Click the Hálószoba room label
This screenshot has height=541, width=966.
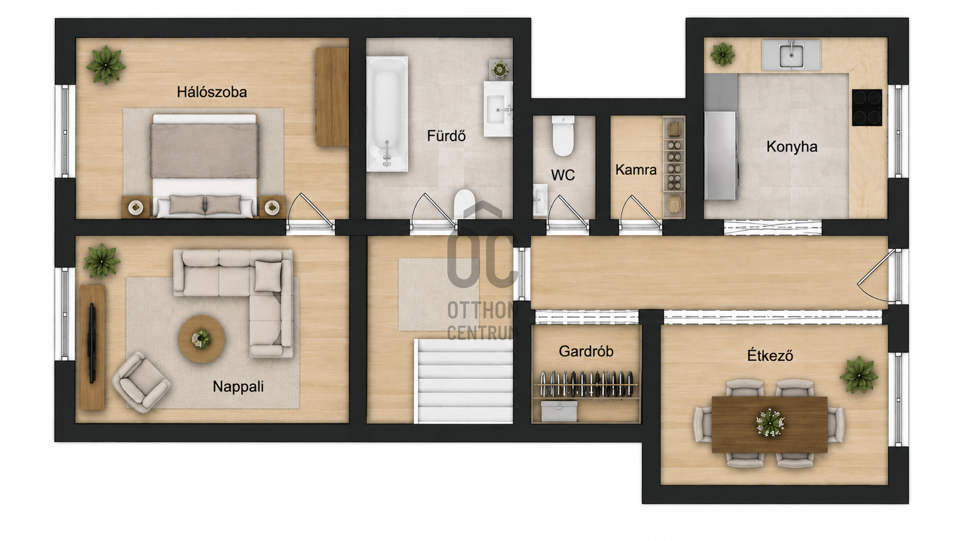(x=212, y=92)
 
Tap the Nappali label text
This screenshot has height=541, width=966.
(x=238, y=387)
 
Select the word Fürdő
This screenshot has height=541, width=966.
(x=446, y=136)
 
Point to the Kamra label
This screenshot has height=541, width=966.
(x=636, y=170)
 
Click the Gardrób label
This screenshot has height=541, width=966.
(x=586, y=351)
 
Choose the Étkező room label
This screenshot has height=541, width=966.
(x=770, y=355)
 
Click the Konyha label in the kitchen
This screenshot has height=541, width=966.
(x=792, y=147)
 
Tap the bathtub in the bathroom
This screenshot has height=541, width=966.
(x=387, y=114)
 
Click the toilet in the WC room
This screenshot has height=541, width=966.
(x=563, y=135)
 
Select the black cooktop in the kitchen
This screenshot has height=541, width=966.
(x=867, y=107)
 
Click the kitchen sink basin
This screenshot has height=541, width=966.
(x=791, y=56)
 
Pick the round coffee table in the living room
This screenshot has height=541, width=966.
(x=201, y=339)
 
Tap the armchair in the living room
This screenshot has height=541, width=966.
(x=141, y=382)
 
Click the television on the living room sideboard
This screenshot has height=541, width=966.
(x=92, y=343)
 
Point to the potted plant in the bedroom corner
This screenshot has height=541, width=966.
(x=105, y=65)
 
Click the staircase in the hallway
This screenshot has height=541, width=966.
(x=463, y=381)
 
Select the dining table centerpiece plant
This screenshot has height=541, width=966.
(x=770, y=423)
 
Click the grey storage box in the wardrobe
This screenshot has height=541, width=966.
(x=559, y=411)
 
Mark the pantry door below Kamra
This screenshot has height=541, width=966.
(x=640, y=214)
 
